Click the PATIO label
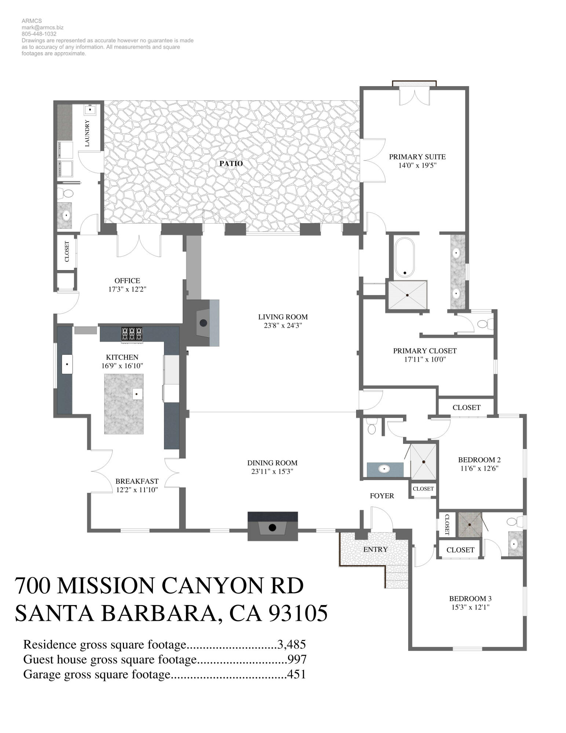(231, 163)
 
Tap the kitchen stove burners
(132, 334)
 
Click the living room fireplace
(203, 323)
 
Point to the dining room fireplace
(272, 527)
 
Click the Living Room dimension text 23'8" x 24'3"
(282, 325)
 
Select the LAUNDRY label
(87, 133)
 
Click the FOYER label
(382, 496)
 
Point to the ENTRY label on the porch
(375, 549)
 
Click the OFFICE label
(127, 281)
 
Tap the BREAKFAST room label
(137, 481)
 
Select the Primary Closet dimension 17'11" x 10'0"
(425, 360)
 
